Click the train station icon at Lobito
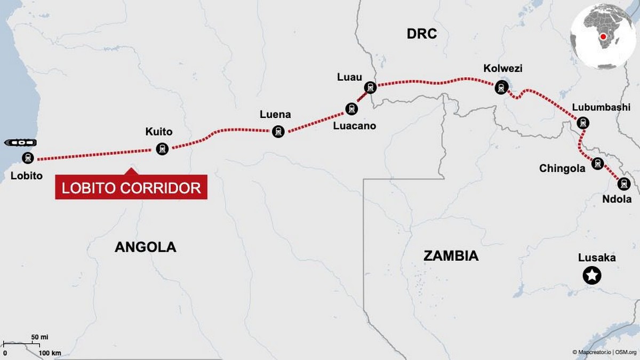click(28, 157)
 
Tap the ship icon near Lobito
click(20, 143)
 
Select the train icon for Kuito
click(162, 149)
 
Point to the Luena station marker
click(278, 131)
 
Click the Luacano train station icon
click(351, 109)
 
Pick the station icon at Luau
click(370, 87)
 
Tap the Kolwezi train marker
click(501, 87)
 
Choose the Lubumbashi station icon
click(583, 123)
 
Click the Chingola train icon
click(597, 164)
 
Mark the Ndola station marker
click(623, 184)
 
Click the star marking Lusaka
click(593, 275)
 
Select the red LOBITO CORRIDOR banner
click(131, 188)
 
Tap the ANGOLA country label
click(145, 247)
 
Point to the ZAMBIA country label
click(451, 256)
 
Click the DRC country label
click(421, 34)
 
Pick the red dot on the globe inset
click(603, 37)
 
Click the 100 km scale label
click(50, 353)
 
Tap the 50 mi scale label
click(39, 337)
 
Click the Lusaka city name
click(597, 258)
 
